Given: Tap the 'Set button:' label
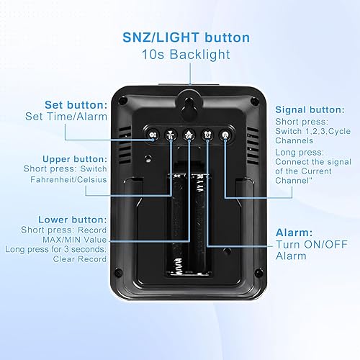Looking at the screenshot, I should [76, 104].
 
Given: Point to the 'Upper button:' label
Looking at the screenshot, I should [75, 158].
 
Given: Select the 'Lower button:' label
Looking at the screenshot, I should [74, 219].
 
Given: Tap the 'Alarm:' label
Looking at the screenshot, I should [295, 234].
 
